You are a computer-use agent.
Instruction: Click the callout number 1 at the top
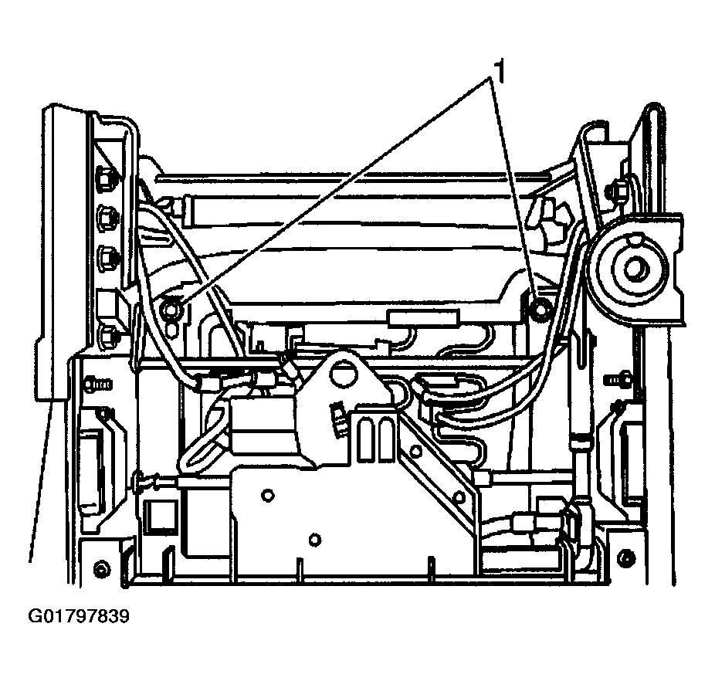tap(500, 72)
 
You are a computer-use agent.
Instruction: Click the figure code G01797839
tap(79, 616)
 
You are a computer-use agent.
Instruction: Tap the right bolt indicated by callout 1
tap(540, 310)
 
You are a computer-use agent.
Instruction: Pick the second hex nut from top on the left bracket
tap(107, 215)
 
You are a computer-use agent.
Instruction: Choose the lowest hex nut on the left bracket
tap(109, 336)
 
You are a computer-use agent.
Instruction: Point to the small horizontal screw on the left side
tap(97, 384)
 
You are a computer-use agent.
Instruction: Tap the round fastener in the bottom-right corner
tap(627, 557)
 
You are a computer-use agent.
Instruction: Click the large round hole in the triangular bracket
tap(344, 374)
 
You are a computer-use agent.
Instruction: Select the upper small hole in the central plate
tap(268, 495)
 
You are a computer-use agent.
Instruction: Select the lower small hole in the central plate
tap(314, 540)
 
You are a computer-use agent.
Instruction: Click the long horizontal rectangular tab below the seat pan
tap(422, 317)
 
